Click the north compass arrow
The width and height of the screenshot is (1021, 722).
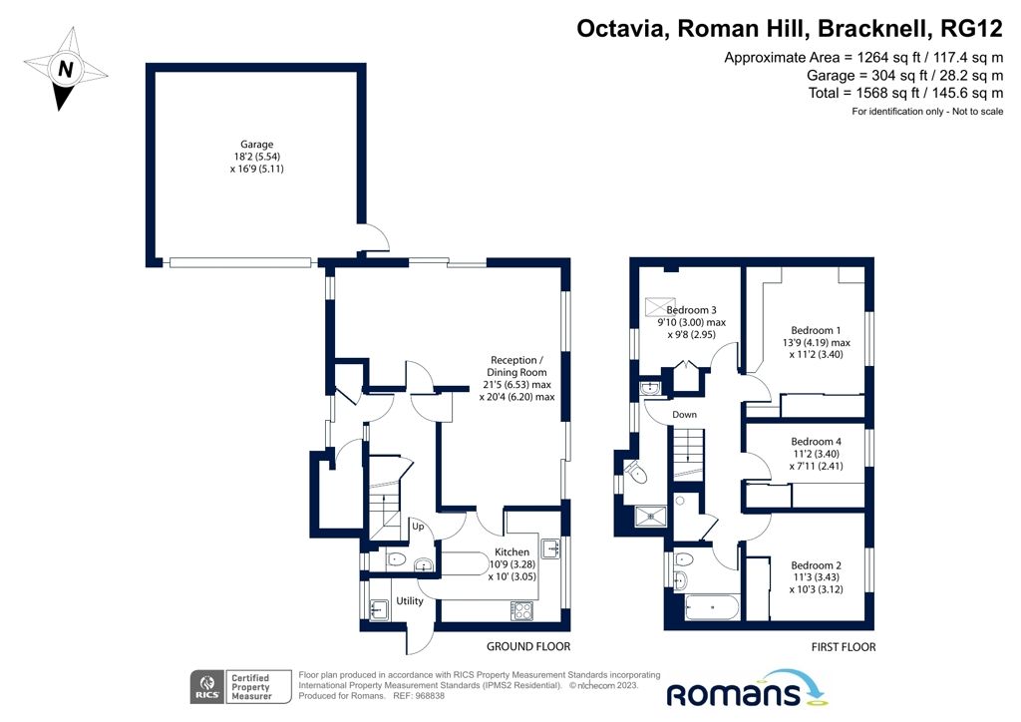click(66, 69)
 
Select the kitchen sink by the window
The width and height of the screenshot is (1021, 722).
click(550, 548)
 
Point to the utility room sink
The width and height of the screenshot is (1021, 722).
click(378, 609)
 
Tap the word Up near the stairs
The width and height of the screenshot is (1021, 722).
click(421, 526)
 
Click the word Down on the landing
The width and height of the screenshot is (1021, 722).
click(684, 414)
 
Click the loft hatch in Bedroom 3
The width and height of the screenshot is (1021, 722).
click(660, 305)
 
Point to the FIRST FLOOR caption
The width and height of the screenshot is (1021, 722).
click(844, 647)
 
